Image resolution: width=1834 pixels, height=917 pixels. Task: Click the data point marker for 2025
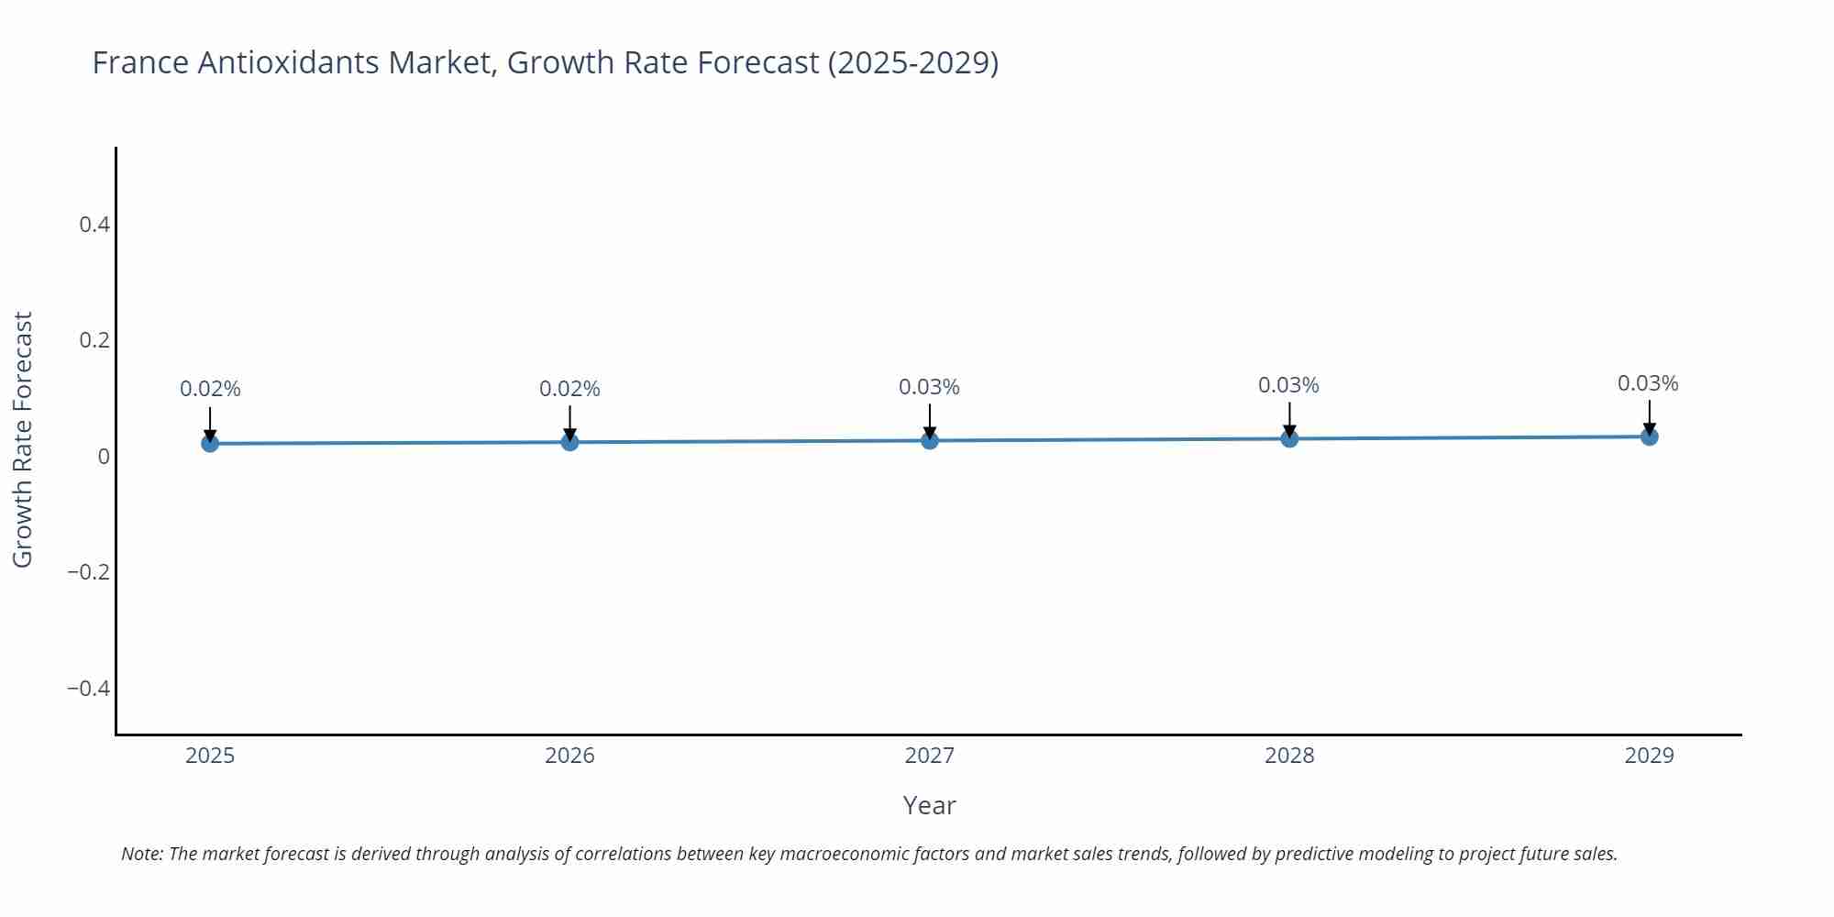210,444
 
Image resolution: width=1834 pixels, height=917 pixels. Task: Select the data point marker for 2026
569,442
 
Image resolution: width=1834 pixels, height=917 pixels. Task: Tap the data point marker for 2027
930,440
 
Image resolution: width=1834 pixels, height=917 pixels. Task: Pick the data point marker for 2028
1289,438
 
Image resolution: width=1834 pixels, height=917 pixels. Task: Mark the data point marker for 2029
1649,436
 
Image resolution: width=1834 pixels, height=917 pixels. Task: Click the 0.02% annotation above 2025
210,389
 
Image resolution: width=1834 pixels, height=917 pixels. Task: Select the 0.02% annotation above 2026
569,389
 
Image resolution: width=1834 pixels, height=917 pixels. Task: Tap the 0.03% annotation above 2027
929,387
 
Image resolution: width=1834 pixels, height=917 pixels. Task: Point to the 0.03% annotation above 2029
1648,383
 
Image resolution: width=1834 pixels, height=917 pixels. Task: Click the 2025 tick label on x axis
210,756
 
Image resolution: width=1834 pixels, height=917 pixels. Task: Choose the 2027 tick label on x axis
929,756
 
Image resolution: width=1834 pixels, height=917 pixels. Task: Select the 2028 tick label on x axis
1289,756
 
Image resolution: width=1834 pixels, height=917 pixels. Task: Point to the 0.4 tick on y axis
94,225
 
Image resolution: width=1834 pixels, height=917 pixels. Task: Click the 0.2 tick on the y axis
94,340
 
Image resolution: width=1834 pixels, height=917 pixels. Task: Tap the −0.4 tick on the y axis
88,688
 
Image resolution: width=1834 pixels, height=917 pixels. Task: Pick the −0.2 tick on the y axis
88,572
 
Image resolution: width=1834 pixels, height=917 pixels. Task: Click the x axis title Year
929,805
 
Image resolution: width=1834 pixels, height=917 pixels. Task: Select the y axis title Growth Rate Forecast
23,439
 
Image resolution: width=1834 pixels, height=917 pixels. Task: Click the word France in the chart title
140,62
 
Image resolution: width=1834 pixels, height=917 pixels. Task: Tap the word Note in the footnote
141,854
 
